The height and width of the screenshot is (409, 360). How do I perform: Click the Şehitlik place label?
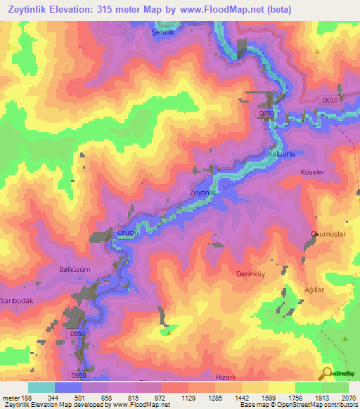162,32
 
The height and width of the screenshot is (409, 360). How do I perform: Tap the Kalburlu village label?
281,153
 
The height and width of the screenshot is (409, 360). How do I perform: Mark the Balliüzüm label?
75,269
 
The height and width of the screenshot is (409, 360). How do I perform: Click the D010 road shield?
330,101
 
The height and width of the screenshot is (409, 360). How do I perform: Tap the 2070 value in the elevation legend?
340,398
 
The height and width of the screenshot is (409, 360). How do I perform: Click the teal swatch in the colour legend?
41,387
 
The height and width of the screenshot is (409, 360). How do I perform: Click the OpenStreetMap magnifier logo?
327,372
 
